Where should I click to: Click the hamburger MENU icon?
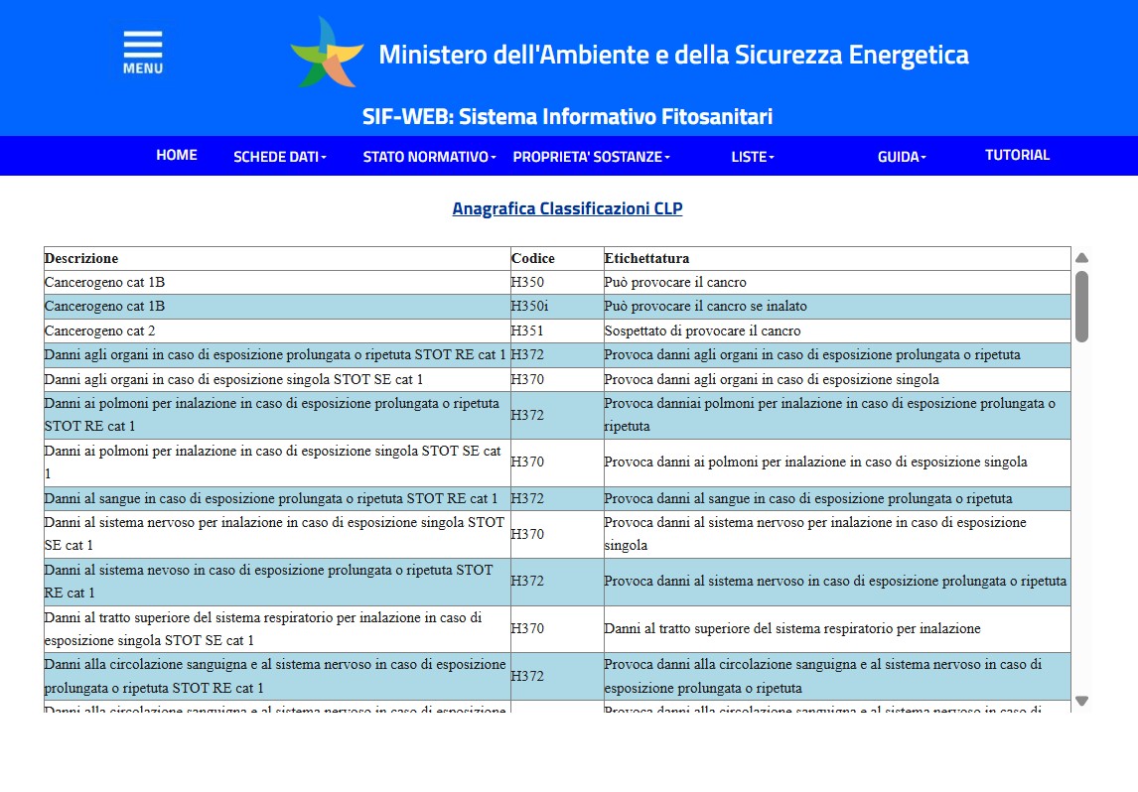tap(143, 52)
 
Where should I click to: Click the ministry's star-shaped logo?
tap(327, 53)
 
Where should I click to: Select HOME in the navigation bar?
tap(177, 155)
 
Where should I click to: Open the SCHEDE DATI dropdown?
tap(279, 157)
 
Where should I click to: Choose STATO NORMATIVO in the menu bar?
tap(430, 157)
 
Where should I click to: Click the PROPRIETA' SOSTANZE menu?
tap(591, 157)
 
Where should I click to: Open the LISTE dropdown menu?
tap(753, 157)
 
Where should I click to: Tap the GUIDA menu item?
tap(902, 157)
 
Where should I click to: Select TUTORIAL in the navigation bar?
tap(1017, 155)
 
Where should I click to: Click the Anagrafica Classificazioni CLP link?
tap(567, 208)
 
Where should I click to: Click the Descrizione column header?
tap(81, 258)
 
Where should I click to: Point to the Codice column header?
tap(533, 258)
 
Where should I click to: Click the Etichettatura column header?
tap(646, 258)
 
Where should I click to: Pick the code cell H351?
tap(527, 330)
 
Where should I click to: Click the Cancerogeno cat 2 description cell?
tap(100, 330)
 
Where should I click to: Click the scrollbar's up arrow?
tap(1082, 258)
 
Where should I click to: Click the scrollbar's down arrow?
tap(1082, 701)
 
